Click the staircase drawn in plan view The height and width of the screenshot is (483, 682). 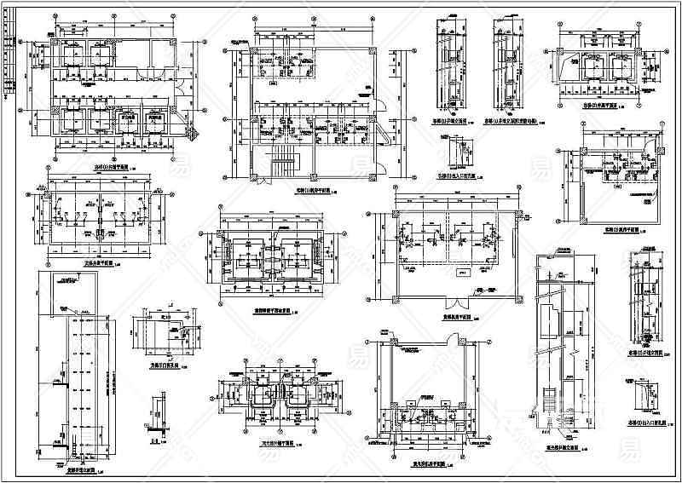coord(280,161)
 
